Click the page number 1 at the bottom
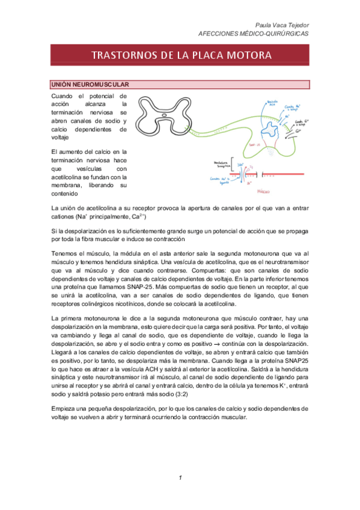(x=180, y=477)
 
